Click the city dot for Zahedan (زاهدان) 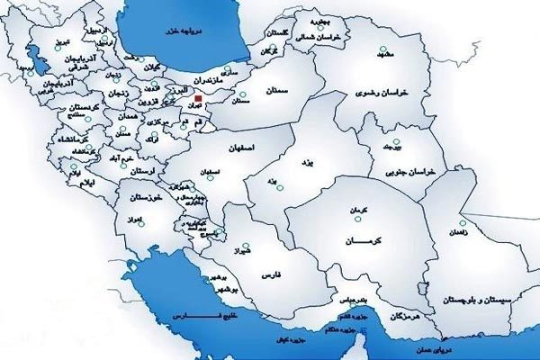coord(462,224)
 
